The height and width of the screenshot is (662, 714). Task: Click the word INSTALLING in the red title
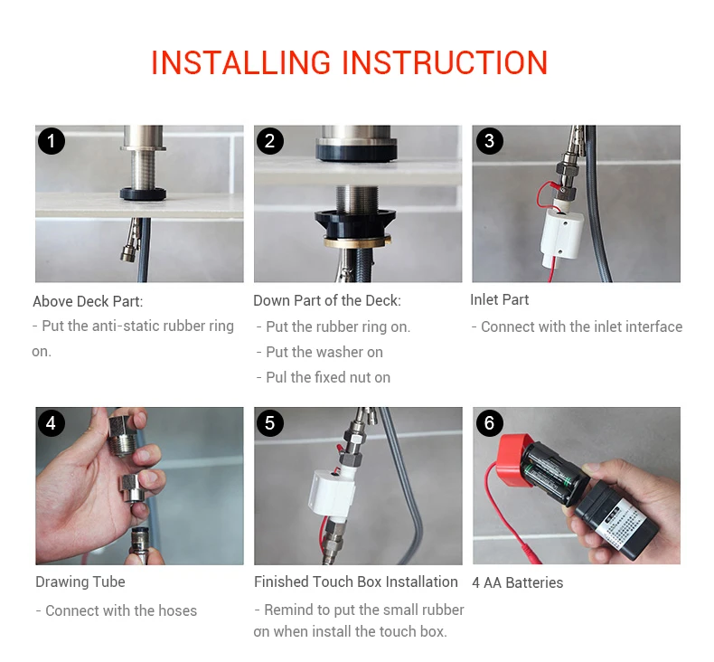[241, 62]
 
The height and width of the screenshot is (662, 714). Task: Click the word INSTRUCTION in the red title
[445, 62]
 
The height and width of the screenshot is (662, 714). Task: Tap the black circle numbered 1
[51, 141]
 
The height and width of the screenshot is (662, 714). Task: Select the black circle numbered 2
[269, 141]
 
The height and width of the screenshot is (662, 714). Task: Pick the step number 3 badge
[489, 141]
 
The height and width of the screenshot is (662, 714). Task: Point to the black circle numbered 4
[51, 423]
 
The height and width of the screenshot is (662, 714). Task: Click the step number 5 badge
[269, 423]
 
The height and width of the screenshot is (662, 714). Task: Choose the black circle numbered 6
[489, 423]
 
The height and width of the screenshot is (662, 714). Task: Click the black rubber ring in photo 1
[143, 194]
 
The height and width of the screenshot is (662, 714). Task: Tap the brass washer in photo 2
[358, 241]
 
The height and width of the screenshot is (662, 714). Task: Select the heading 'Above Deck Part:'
[88, 301]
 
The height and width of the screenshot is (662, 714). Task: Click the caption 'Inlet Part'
[500, 299]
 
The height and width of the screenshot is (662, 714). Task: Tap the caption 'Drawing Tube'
[80, 582]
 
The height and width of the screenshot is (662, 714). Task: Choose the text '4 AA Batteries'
[518, 582]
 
